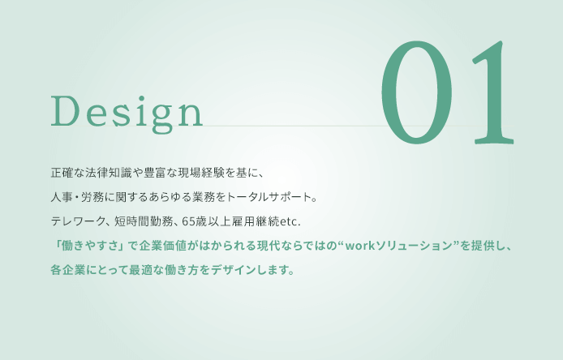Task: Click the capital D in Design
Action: tap(65, 110)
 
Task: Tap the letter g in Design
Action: tap(162, 117)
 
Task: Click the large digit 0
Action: tap(416, 92)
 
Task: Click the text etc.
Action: tap(290, 222)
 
